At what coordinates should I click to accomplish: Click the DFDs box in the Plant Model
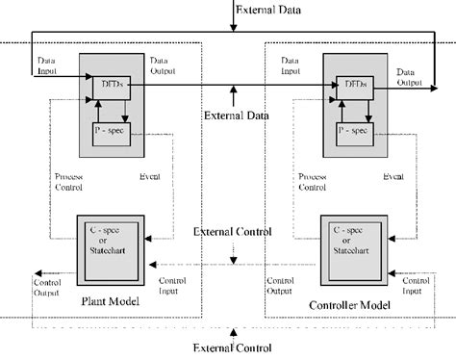click(109, 87)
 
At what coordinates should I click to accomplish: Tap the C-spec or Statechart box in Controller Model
click(352, 241)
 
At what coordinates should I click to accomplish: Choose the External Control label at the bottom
click(232, 347)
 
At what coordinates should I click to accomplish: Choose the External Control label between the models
click(232, 232)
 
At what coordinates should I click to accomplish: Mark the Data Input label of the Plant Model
click(49, 64)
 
